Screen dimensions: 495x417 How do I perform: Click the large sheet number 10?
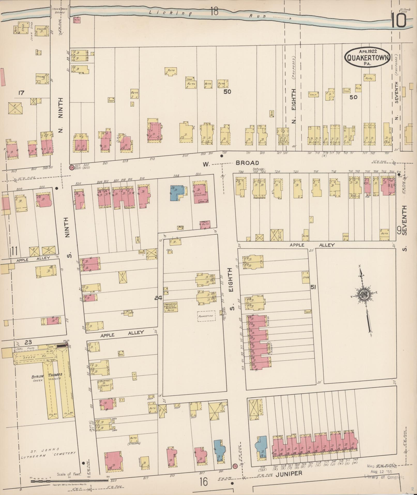pos(398,21)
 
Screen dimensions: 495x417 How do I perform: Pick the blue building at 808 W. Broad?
pos(177,193)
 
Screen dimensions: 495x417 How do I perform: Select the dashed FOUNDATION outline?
pos(206,316)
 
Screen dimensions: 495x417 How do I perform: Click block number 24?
pos(158,298)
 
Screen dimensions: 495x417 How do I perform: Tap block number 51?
pos(313,287)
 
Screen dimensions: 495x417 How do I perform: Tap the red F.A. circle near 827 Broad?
pos(71,167)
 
